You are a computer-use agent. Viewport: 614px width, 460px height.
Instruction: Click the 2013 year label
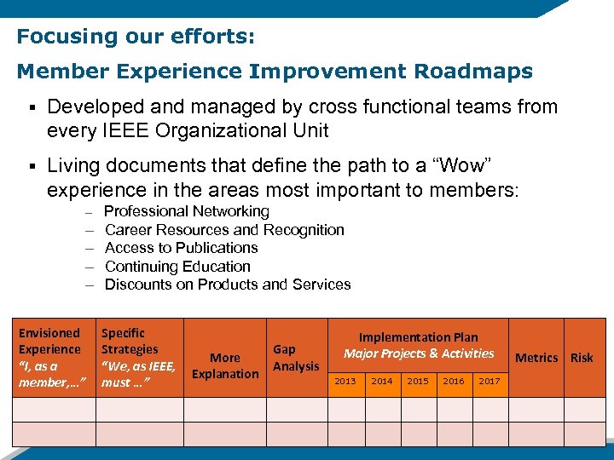(x=345, y=382)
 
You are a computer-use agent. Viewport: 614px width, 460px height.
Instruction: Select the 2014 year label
(x=382, y=382)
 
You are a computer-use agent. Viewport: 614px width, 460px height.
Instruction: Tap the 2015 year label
(x=418, y=382)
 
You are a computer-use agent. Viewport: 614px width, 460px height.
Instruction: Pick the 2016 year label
(x=454, y=382)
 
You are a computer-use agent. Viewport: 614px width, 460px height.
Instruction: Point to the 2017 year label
(x=489, y=382)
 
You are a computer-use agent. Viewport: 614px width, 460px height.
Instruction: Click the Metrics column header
(x=536, y=358)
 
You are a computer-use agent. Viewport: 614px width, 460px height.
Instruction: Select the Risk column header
(x=582, y=358)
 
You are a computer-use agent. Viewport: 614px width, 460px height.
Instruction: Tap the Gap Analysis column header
(x=295, y=358)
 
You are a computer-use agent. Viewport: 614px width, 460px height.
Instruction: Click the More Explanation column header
(x=225, y=365)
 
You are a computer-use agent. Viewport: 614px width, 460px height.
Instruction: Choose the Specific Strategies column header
(x=138, y=358)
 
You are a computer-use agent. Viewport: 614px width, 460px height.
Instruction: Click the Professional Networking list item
(x=186, y=211)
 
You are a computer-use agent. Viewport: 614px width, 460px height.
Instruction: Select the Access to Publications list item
(x=181, y=248)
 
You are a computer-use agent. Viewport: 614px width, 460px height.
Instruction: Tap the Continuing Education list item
(x=177, y=267)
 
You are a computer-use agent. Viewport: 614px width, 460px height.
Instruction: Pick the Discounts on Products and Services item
(x=228, y=285)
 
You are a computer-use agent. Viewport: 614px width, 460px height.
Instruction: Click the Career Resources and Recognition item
(x=224, y=230)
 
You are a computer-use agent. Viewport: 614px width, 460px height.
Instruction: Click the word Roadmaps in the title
(x=467, y=72)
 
